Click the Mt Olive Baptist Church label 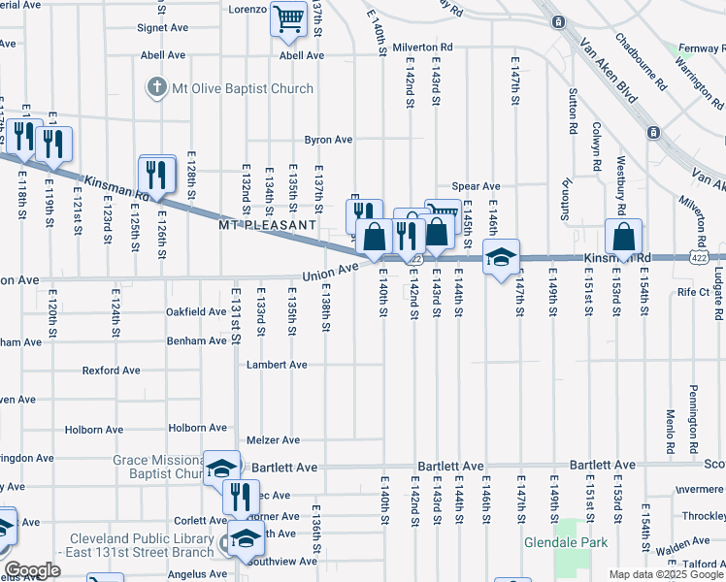pos(243,88)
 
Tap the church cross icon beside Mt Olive pos(155,88)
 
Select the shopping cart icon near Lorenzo pos(288,17)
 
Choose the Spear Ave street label pos(476,186)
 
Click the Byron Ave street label pos(328,140)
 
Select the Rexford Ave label pos(111,371)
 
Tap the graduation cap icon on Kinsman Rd pos(501,257)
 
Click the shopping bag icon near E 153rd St pos(623,236)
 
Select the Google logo pos(31,570)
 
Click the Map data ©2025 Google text pos(665,574)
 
